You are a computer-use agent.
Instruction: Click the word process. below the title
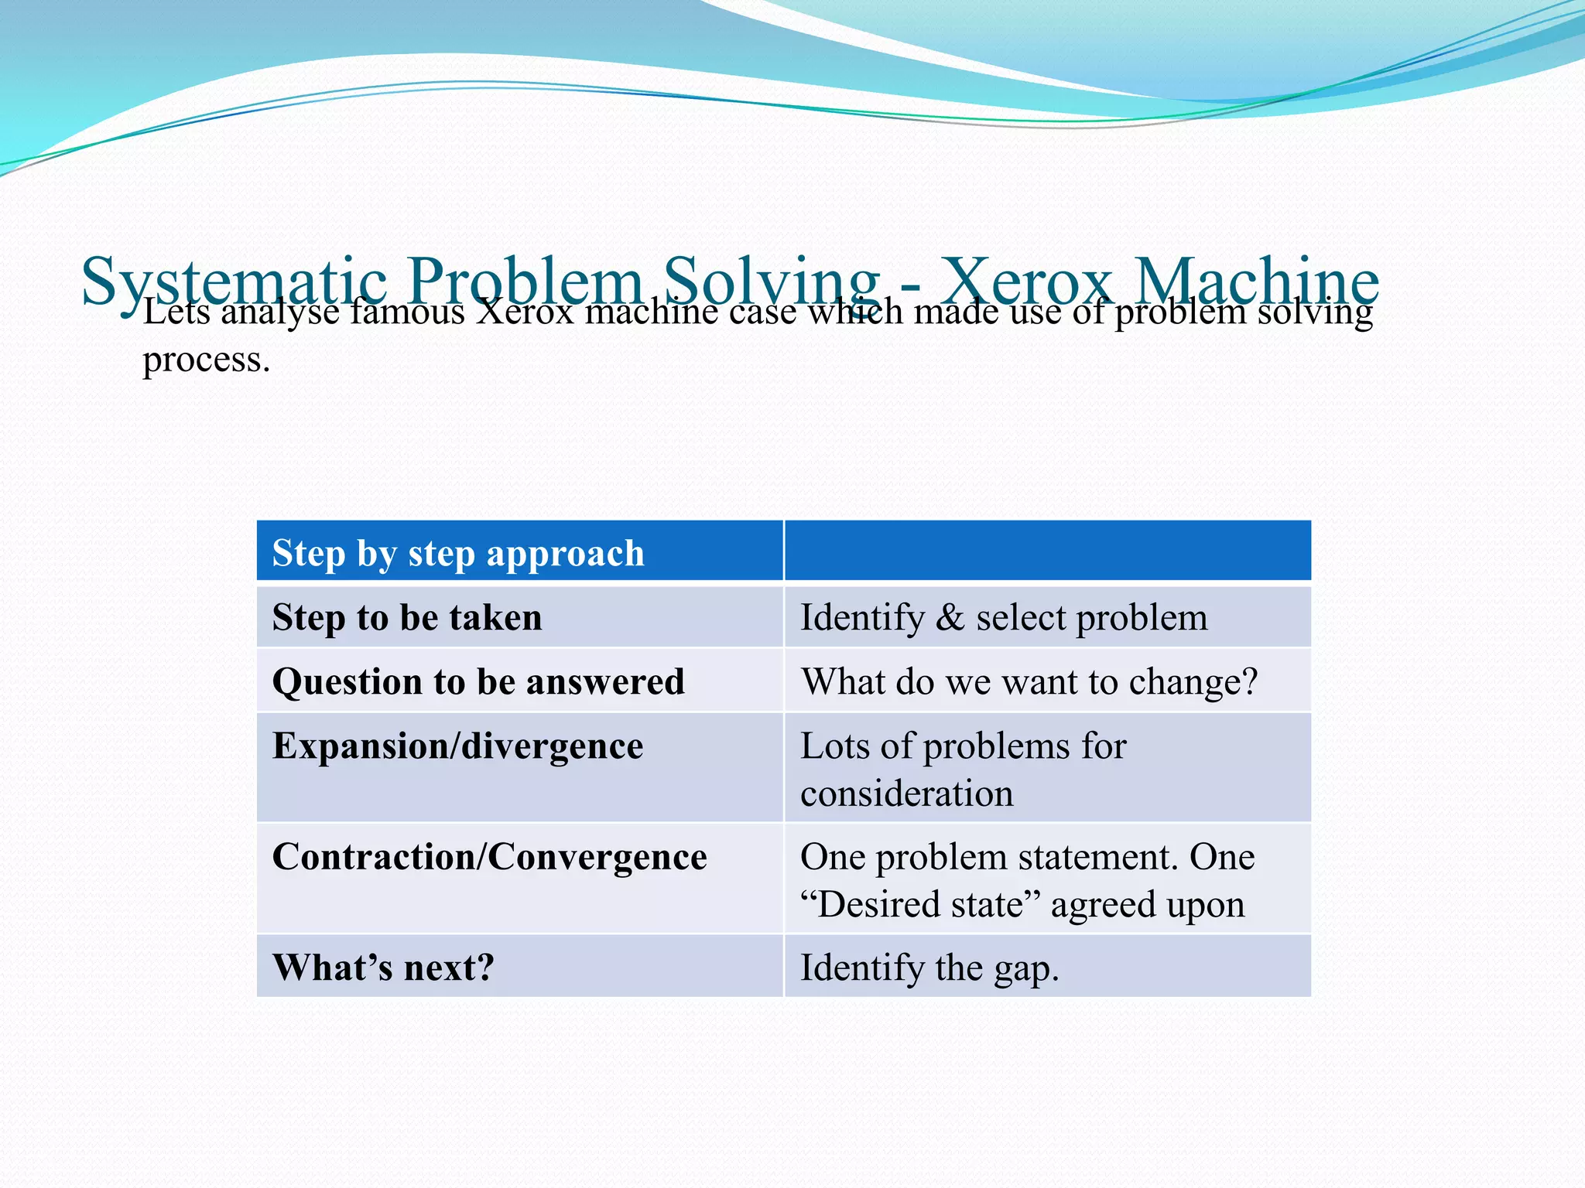[x=207, y=360]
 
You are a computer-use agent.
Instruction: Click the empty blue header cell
[x=1048, y=551]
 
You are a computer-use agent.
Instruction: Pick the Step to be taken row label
[x=407, y=618]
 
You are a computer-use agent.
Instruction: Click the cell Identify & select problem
[x=1004, y=618]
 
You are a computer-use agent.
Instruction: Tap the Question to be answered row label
[x=478, y=682]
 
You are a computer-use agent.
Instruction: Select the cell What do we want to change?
[x=1029, y=682]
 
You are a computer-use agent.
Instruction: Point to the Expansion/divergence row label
[x=457, y=746]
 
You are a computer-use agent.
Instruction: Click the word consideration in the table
[x=906, y=794]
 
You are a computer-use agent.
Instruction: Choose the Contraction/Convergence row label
[x=489, y=857]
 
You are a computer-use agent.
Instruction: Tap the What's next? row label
[x=383, y=968]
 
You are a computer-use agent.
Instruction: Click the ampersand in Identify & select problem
[x=950, y=618]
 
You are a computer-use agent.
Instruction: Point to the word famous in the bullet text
[x=407, y=312]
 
